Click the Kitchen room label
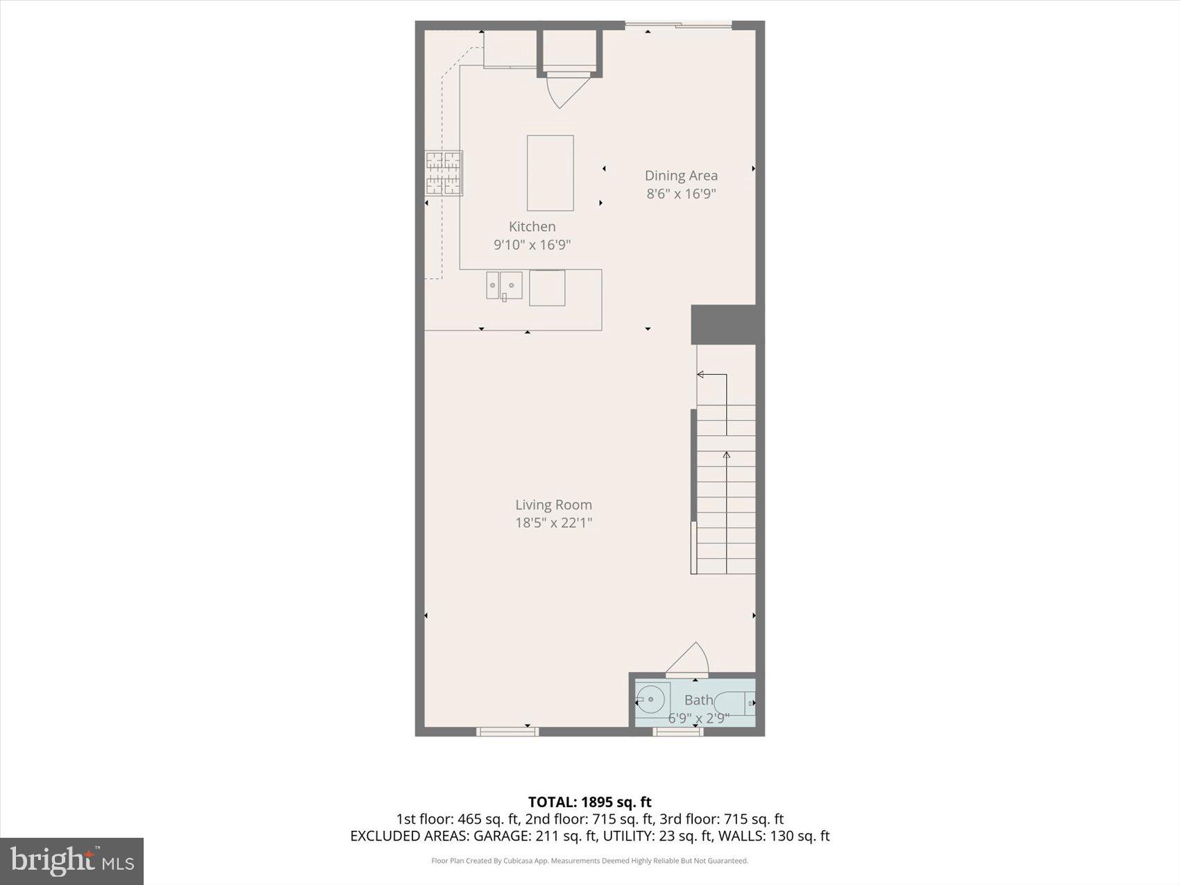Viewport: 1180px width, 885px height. (532, 226)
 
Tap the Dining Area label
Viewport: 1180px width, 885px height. (681, 176)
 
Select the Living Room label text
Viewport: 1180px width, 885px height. (553, 505)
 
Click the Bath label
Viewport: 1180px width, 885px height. (698, 700)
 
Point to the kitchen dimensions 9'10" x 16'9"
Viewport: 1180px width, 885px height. (532, 244)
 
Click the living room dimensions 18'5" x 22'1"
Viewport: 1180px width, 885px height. (553, 523)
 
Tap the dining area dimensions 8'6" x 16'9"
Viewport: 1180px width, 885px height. (681, 194)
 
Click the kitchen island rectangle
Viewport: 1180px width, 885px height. (550, 173)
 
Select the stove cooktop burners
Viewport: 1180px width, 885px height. (444, 174)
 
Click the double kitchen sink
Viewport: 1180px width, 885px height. (504, 285)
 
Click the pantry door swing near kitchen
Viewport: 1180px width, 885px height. (567, 89)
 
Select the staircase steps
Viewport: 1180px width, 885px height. (726, 489)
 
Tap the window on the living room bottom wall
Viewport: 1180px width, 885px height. (507, 732)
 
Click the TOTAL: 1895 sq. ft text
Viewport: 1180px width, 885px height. (589, 802)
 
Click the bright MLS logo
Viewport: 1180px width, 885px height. (71, 861)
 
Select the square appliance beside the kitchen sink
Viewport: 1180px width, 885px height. (547, 288)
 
